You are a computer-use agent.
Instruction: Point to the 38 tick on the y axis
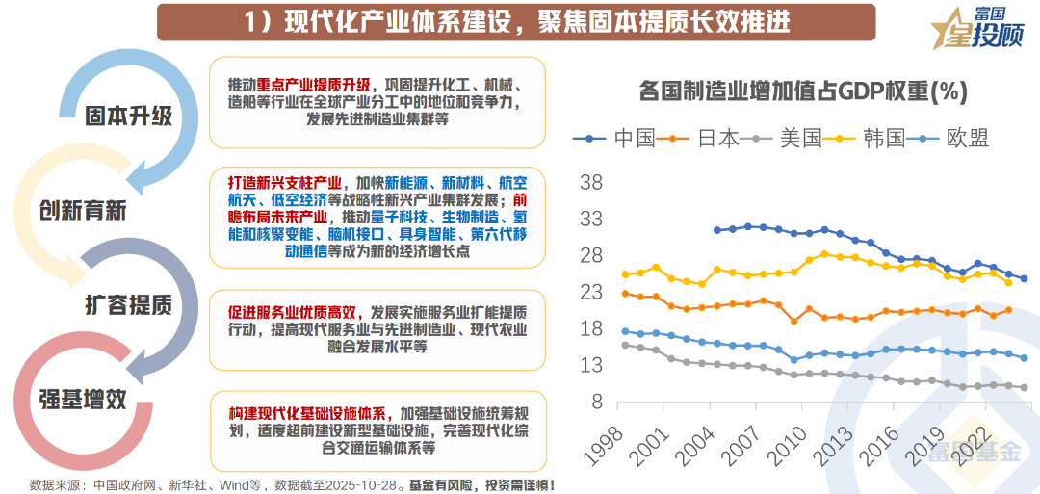coord(590,182)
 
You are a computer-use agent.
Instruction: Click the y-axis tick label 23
coord(590,292)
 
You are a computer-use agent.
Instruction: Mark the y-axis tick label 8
coord(595,402)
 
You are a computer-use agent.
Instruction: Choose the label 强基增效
coord(82,399)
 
